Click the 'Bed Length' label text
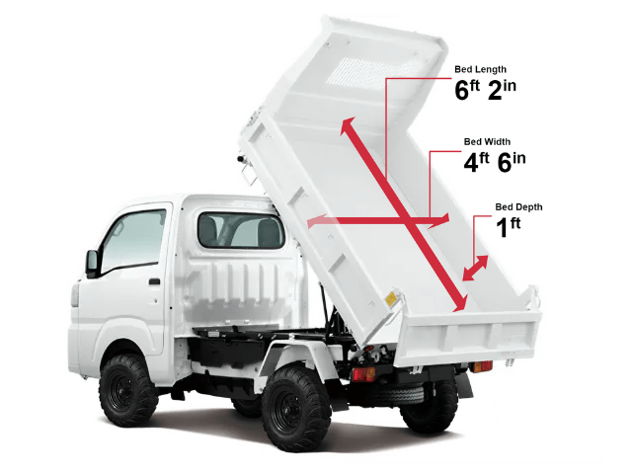click(x=480, y=69)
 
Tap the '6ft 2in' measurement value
click(x=485, y=90)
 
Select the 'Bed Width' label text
click(x=487, y=142)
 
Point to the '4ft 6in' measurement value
click(x=495, y=162)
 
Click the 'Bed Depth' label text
click(x=518, y=207)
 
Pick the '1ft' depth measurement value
click(x=508, y=227)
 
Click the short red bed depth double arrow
click(x=476, y=268)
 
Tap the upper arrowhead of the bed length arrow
click(x=348, y=125)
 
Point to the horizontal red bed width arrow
click(x=378, y=220)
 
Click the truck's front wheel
click(x=128, y=389)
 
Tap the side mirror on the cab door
click(x=92, y=264)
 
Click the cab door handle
click(x=154, y=281)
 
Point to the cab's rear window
click(x=241, y=230)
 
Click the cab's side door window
click(x=133, y=241)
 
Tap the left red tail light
click(x=363, y=374)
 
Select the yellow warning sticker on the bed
click(x=391, y=299)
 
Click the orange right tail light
click(x=483, y=366)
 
